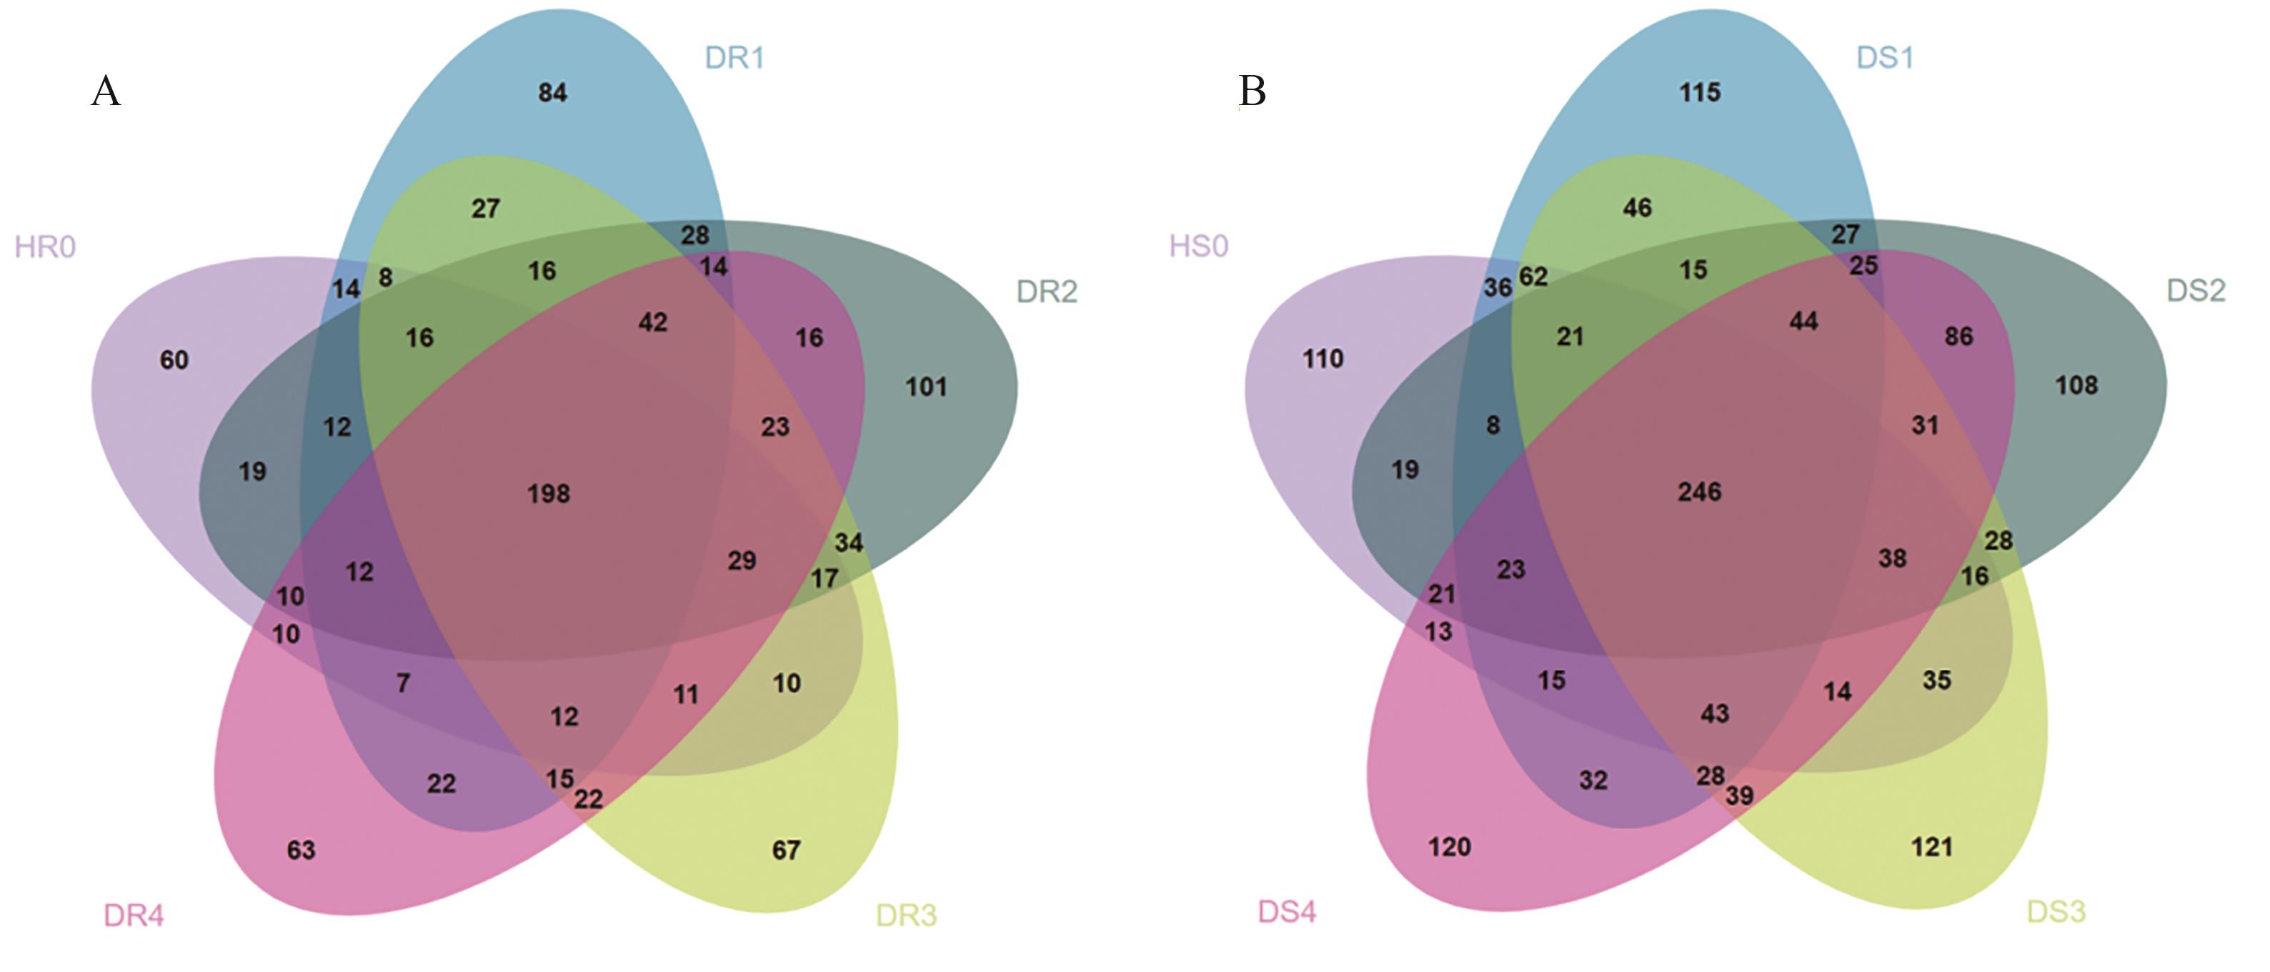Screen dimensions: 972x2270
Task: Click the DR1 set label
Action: (x=734, y=58)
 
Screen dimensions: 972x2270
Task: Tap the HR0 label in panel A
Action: (x=45, y=247)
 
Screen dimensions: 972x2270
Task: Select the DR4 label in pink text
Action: (x=134, y=916)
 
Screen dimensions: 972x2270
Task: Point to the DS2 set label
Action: (x=2196, y=290)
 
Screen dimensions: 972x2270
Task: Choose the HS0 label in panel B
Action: (x=1198, y=246)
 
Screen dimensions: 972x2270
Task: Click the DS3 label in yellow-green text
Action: (x=2056, y=911)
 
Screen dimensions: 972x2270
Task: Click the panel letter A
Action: (x=106, y=91)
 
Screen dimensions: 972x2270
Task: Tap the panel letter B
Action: (x=1253, y=91)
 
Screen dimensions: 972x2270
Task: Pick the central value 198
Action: (x=549, y=493)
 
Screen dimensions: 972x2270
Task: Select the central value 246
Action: (x=1700, y=492)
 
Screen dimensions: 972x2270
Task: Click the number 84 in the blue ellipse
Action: (x=552, y=92)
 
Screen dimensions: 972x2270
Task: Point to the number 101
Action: (x=926, y=387)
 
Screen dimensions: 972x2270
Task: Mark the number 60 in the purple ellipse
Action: (x=174, y=359)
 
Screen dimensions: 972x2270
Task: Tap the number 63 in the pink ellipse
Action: (x=302, y=850)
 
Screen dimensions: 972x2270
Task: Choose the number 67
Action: (x=786, y=850)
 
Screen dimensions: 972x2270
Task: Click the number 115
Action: (x=1700, y=92)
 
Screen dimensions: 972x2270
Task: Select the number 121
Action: (x=1931, y=848)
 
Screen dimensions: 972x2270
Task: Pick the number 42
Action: (x=653, y=322)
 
